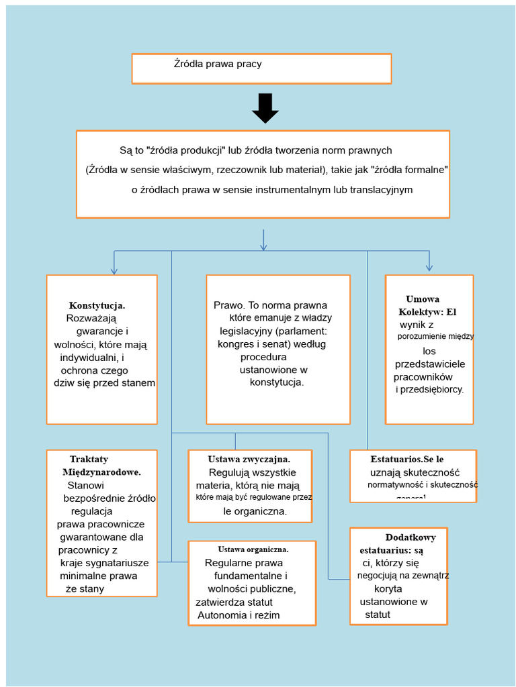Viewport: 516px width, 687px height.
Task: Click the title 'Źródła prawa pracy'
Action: tap(218, 64)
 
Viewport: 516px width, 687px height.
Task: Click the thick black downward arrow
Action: tap(265, 108)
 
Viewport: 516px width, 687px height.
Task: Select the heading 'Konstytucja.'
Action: tap(97, 305)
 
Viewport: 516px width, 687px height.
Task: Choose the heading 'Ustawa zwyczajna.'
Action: tap(249, 459)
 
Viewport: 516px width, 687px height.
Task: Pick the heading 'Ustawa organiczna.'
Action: tap(253, 549)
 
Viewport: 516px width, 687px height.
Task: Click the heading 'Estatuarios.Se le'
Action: tap(406, 459)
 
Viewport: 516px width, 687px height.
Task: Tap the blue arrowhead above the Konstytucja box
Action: tap(114, 270)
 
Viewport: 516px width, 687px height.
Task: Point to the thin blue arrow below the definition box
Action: tap(263, 240)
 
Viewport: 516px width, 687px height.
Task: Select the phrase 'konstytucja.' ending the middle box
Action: tap(277, 382)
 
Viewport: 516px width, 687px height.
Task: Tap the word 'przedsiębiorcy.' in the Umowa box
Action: tap(430, 389)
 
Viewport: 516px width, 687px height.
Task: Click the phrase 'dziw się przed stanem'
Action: tap(104, 382)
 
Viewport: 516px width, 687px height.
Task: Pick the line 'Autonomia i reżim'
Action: tap(239, 615)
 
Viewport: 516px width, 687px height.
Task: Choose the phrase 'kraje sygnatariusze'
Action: tap(104, 563)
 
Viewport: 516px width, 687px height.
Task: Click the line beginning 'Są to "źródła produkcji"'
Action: tap(255, 150)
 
